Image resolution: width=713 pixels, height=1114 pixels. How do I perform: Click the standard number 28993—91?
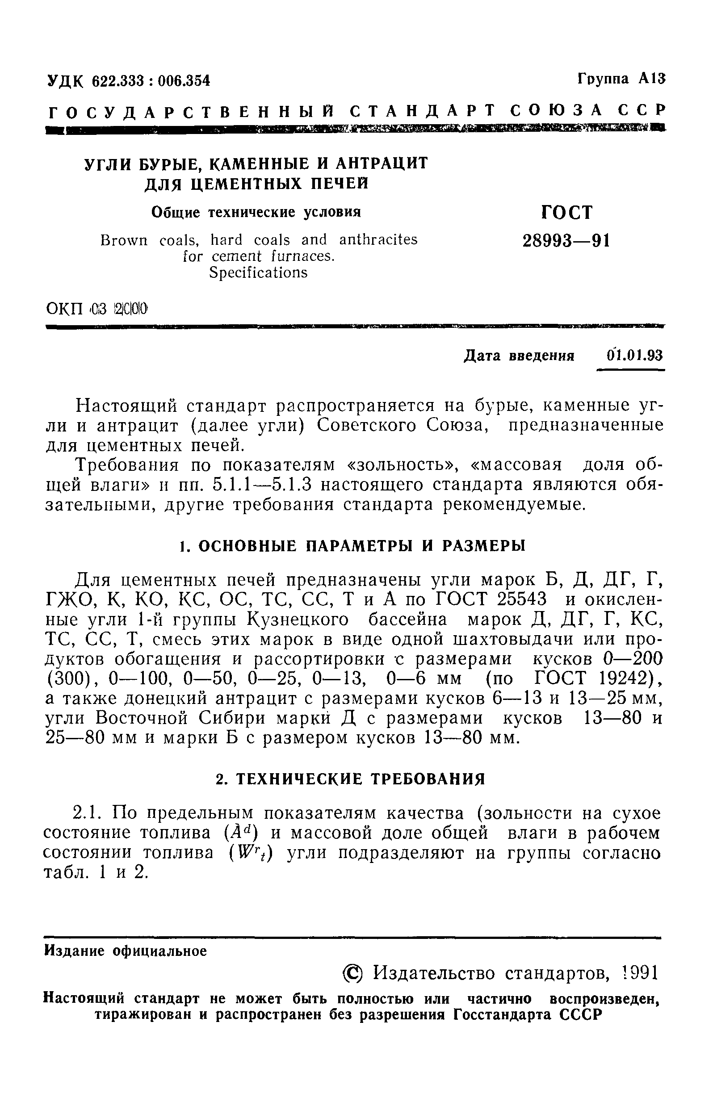pos(566,241)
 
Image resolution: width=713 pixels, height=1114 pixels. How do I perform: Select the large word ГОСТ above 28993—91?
pos(566,213)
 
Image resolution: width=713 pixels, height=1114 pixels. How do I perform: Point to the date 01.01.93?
pos(635,356)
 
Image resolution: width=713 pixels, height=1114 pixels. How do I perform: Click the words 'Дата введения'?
pos(519,356)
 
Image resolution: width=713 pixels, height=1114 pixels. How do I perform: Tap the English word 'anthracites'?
pos(378,240)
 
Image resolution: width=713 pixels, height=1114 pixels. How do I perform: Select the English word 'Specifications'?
pos(258,272)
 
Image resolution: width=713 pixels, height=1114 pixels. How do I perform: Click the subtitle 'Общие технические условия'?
pos(256,212)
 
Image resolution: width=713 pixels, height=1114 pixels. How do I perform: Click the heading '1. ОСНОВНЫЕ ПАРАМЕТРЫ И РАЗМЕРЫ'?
pos(352,546)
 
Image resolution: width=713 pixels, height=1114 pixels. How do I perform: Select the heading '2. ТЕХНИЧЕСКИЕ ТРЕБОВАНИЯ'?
pos(351,779)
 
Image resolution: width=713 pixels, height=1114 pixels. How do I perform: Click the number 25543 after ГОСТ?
pos(522,600)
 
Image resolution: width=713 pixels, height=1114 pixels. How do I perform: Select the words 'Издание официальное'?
pos(126,951)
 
